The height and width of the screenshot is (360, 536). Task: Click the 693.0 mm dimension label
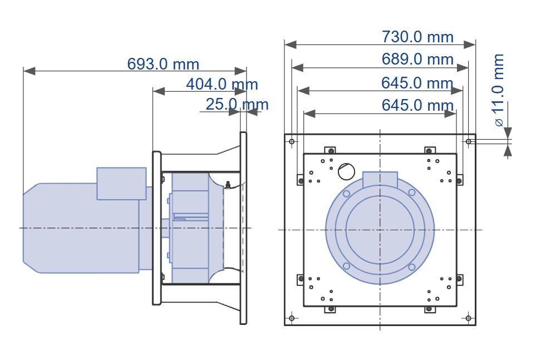pyautogui.click(x=163, y=64)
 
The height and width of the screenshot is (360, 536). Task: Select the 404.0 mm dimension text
pyautogui.click(x=222, y=84)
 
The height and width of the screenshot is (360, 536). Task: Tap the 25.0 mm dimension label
pyautogui.click(x=237, y=104)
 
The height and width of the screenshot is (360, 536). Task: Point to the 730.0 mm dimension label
pyautogui.click(x=417, y=37)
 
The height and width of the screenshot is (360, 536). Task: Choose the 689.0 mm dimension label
pyautogui.click(x=417, y=59)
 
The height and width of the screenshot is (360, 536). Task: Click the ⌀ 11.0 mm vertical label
pyautogui.click(x=499, y=90)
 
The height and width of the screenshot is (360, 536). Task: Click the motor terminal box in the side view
pyautogui.click(x=121, y=184)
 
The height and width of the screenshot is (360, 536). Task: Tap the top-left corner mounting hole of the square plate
pyautogui.click(x=292, y=141)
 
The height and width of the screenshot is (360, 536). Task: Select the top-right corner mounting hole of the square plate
pyautogui.click(x=468, y=141)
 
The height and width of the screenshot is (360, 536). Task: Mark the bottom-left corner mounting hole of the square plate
pyautogui.click(x=292, y=318)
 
